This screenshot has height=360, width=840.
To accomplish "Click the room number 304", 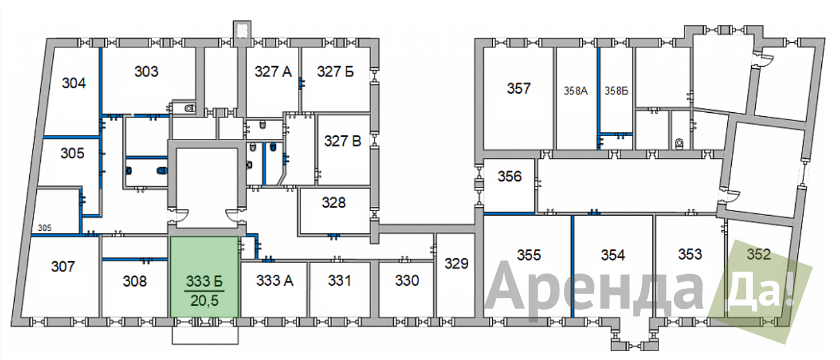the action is (x=74, y=83).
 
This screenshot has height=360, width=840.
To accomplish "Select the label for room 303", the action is (x=146, y=72).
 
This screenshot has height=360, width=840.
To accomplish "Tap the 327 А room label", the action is (x=273, y=72).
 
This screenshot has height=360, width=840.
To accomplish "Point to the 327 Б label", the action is (x=336, y=72).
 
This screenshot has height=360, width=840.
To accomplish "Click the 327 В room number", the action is (x=343, y=141).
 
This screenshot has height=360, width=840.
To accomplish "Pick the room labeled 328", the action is (x=333, y=203).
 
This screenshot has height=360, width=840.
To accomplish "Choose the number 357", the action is (x=518, y=89).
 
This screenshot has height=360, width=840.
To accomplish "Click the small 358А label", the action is (x=576, y=91).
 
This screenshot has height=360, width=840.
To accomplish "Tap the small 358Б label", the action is (x=616, y=91).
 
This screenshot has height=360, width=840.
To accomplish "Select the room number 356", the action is (x=510, y=176).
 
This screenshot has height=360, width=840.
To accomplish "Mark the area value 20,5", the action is (x=204, y=301).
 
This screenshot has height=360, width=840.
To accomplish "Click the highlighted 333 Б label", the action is (x=205, y=281).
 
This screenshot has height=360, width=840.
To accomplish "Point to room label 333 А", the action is (x=275, y=281).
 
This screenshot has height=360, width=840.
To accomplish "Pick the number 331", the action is (x=340, y=281).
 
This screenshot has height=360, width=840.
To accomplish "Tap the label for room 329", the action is (x=457, y=264).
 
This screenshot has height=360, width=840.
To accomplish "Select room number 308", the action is (x=134, y=281).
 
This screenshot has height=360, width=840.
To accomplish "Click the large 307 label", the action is (x=63, y=266).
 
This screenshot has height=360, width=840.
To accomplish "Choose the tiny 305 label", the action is (x=44, y=228).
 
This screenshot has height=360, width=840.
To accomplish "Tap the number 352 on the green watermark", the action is (x=759, y=255).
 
